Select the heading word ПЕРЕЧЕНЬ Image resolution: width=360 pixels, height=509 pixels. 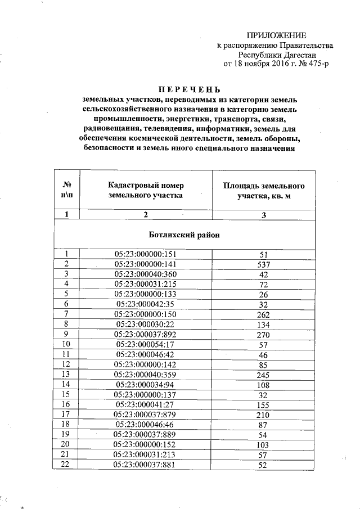188,89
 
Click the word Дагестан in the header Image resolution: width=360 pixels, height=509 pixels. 298,55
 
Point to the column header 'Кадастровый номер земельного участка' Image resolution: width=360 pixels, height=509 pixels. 146,191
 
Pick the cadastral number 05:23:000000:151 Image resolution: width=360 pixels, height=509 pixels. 146,254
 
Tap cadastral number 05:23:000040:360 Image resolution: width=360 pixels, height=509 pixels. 146,274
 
